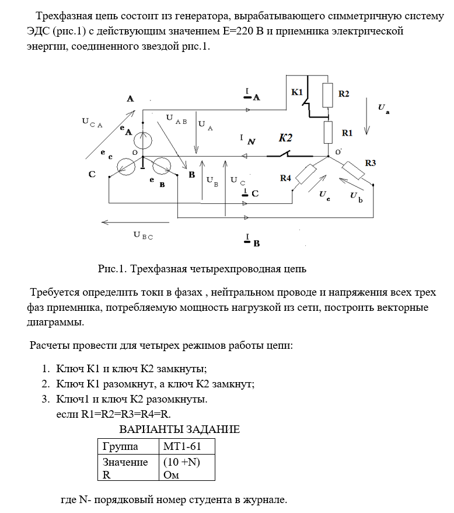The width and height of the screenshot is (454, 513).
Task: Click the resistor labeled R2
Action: click(327, 94)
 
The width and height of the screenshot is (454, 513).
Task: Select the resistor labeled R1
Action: click(328, 132)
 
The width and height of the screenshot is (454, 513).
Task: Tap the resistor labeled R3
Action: click(354, 169)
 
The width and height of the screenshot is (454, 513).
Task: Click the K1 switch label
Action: click(297, 93)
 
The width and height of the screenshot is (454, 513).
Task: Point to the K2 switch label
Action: click(285, 138)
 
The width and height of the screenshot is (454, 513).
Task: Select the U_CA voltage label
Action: click(92, 123)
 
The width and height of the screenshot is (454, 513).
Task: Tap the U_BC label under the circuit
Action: click(143, 235)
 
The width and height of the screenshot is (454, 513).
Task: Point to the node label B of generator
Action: click(191, 174)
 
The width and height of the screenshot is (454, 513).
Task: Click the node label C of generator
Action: click(92, 174)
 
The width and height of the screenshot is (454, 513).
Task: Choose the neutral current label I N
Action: click(247, 140)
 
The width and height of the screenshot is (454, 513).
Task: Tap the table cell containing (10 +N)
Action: click(181, 462)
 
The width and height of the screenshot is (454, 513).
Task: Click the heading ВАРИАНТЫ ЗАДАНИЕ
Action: click(179, 430)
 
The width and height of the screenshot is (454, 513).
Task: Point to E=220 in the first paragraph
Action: click(232, 31)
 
